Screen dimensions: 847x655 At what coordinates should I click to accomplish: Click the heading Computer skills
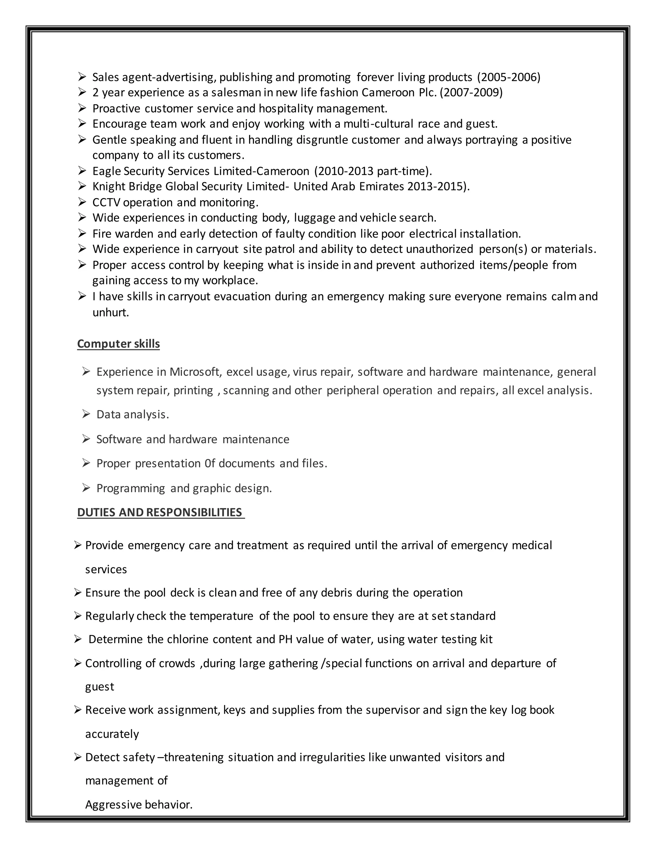[x=118, y=344]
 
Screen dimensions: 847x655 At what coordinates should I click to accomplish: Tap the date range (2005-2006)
[x=508, y=77]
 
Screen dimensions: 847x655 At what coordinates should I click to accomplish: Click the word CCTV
[x=106, y=202]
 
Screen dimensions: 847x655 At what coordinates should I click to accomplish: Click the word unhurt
[x=110, y=312]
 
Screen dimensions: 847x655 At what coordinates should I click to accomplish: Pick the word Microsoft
[x=195, y=372]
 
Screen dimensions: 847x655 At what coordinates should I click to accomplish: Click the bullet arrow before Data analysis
[x=86, y=414]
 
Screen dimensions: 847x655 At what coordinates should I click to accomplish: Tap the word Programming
[x=131, y=488]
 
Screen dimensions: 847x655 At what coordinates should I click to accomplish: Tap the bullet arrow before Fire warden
[x=82, y=233]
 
